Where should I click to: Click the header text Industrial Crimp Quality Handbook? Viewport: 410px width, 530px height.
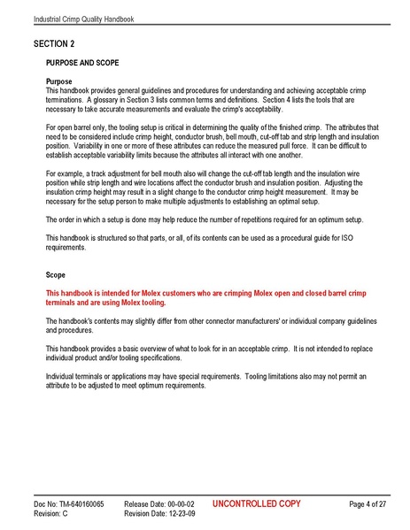pos(84,19)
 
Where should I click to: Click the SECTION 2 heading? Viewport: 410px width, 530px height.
pos(54,43)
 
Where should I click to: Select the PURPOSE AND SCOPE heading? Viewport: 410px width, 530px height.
pos(88,63)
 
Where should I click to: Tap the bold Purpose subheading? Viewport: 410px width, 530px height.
pos(65,81)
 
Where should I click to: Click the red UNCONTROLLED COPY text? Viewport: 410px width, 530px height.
pos(257,503)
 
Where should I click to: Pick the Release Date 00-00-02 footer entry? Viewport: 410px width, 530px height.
pos(159,503)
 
